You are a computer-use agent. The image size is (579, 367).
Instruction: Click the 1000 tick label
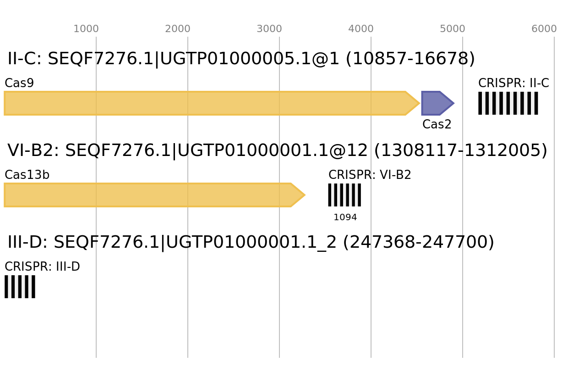tap(86, 29)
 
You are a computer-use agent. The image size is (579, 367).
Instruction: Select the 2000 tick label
tap(178, 29)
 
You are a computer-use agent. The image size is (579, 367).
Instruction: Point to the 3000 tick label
tap(269, 29)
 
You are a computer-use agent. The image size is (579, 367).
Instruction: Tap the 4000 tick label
tap(361, 29)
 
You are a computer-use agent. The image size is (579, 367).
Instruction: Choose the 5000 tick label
tap(453, 29)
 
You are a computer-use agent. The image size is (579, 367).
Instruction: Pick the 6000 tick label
tap(544, 29)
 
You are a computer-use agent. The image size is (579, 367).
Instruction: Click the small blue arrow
tap(436, 103)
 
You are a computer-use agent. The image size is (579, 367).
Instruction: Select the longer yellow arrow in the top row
tap(206, 103)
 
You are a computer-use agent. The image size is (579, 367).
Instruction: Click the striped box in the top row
tap(508, 103)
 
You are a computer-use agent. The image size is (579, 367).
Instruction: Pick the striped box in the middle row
tap(344, 195)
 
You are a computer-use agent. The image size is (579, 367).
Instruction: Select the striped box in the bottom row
tap(20, 287)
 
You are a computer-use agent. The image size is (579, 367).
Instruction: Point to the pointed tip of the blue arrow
tap(454, 103)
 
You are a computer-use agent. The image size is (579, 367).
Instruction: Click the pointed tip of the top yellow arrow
tap(420, 103)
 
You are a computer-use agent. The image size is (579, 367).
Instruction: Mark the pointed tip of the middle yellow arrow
tap(305, 195)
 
